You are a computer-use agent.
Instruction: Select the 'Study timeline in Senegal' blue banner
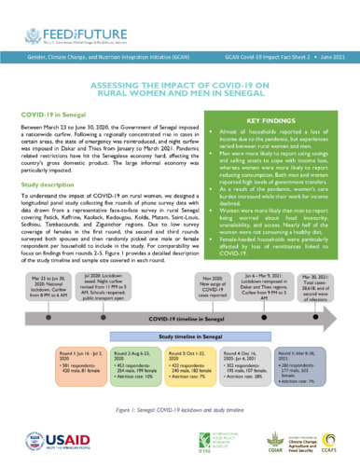pyautogui.click(x=187, y=318)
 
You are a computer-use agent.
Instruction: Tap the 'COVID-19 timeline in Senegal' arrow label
pyautogui.click(x=187, y=295)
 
